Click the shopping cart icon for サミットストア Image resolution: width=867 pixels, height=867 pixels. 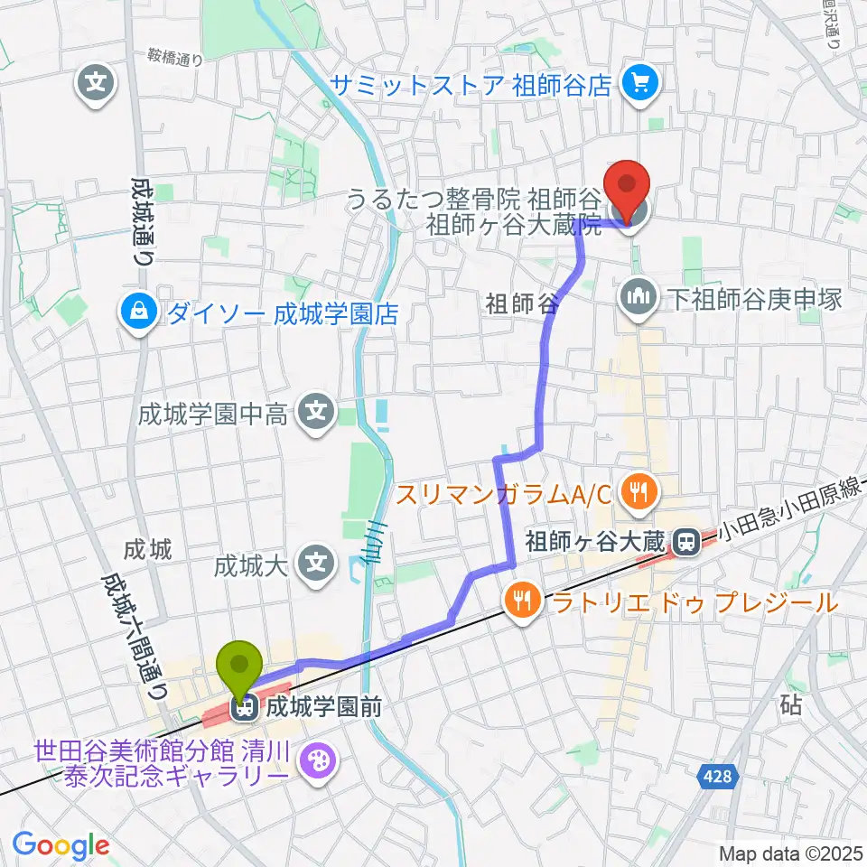tap(642, 85)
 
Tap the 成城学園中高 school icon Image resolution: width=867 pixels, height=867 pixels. tap(315, 414)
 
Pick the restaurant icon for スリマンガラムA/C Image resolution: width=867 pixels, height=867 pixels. tap(640, 492)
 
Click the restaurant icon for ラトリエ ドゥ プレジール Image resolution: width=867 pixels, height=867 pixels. tap(522, 601)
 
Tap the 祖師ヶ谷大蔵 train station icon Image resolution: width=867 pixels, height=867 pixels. tap(686, 543)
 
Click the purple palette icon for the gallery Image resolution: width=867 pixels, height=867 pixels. tap(317, 760)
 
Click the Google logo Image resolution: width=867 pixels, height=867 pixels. tap(61, 844)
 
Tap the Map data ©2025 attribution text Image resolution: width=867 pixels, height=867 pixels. tap(790, 852)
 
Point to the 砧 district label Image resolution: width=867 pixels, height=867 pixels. tap(791, 705)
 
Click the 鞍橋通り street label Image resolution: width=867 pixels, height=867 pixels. tap(174, 58)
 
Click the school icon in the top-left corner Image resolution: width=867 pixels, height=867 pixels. tap(98, 85)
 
